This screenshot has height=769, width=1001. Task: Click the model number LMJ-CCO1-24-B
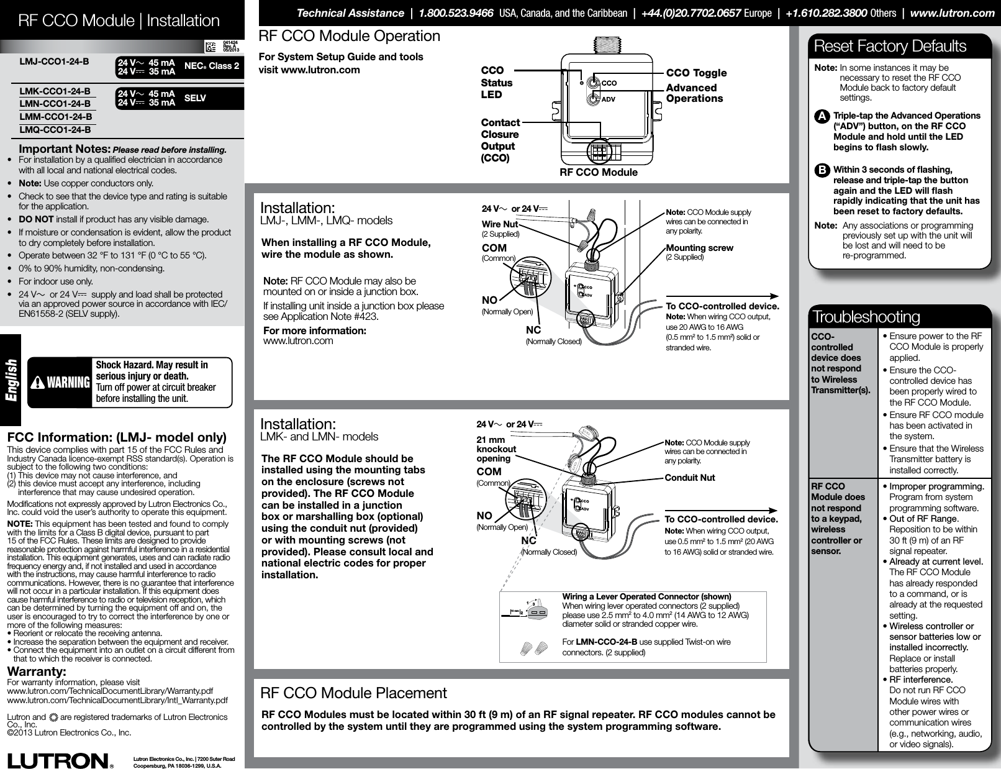[x=55, y=62]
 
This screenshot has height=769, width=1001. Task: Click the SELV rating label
[x=196, y=98]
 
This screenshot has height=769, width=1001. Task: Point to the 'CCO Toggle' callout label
[x=696, y=73]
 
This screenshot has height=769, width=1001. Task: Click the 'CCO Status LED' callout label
[x=497, y=83]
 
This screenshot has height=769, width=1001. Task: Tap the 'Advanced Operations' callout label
[x=694, y=93]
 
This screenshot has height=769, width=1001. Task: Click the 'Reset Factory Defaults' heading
[x=889, y=47]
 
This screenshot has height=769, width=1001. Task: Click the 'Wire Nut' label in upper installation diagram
[x=500, y=224]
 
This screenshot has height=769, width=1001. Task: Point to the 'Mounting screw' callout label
[x=699, y=248]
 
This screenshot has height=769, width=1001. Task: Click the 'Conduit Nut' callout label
[x=689, y=478]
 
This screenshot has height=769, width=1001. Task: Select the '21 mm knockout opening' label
[x=496, y=449]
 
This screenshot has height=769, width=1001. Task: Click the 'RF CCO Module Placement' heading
[x=353, y=693]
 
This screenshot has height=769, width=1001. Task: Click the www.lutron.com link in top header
[x=952, y=13]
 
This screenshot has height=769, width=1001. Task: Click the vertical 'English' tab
[x=11, y=380]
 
